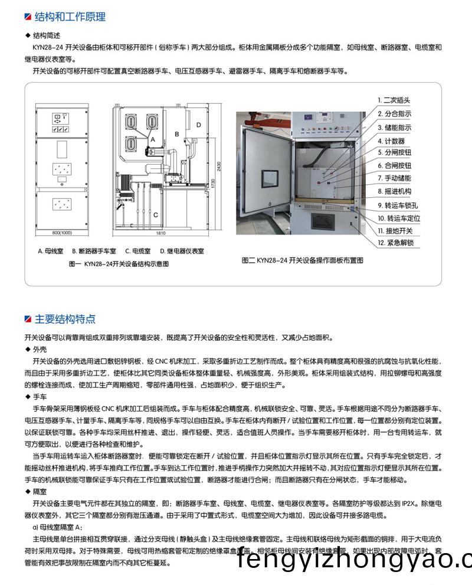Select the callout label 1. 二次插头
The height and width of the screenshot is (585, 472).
pyautogui.click(x=394, y=100)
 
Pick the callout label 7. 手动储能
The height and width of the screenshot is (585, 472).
pyautogui.click(x=394, y=178)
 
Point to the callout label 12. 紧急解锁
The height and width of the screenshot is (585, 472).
pyautogui.click(x=395, y=243)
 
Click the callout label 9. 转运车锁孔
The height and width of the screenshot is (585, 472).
pyautogui.click(x=398, y=205)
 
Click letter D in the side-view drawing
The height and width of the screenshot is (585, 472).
pyautogui.click(x=199, y=125)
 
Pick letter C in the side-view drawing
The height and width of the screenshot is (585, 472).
pyautogui.click(x=156, y=215)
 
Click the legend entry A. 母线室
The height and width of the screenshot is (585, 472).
pyautogui.click(x=51, y=251)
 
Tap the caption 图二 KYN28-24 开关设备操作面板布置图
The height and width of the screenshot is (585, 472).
pyautogui.click(x=302, y=260)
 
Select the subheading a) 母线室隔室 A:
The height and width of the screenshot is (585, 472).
pyautogui.click(x=57, y=528)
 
